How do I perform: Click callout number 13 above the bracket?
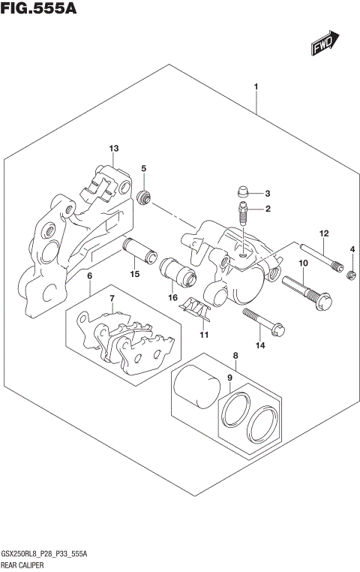(x=114, y=148)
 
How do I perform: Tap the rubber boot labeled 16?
(x=178, y=273)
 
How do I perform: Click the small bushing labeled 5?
(x=145, y=197)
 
